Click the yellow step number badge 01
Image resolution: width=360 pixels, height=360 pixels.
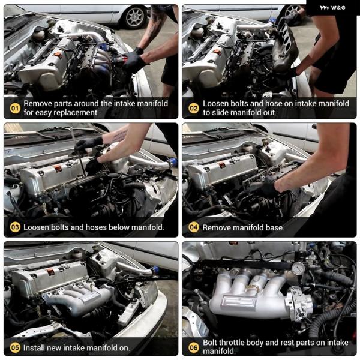click(x=15, y=108)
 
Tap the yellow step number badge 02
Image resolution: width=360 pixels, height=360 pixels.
click(x=194, y=108)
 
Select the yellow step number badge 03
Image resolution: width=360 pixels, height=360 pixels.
click(x=15, y=227)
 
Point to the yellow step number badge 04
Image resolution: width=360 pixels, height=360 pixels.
click(x=194, y=227)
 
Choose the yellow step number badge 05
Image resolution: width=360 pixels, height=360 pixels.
click(x=15, y=347)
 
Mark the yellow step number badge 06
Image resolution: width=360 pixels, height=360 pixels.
click(x=194, y=347)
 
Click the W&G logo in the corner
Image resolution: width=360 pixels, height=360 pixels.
click(x=332, y=8)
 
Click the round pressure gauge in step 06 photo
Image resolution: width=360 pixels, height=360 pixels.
click(x=298, y=269)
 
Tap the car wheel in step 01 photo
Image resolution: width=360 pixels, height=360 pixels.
click(x=134, y=17)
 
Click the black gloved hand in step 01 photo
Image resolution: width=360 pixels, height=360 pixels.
click(x=134, y=61)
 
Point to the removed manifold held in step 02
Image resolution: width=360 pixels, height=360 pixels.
click(x=284, y=47)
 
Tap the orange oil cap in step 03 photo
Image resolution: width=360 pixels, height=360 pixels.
click(x=58, y=169)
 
